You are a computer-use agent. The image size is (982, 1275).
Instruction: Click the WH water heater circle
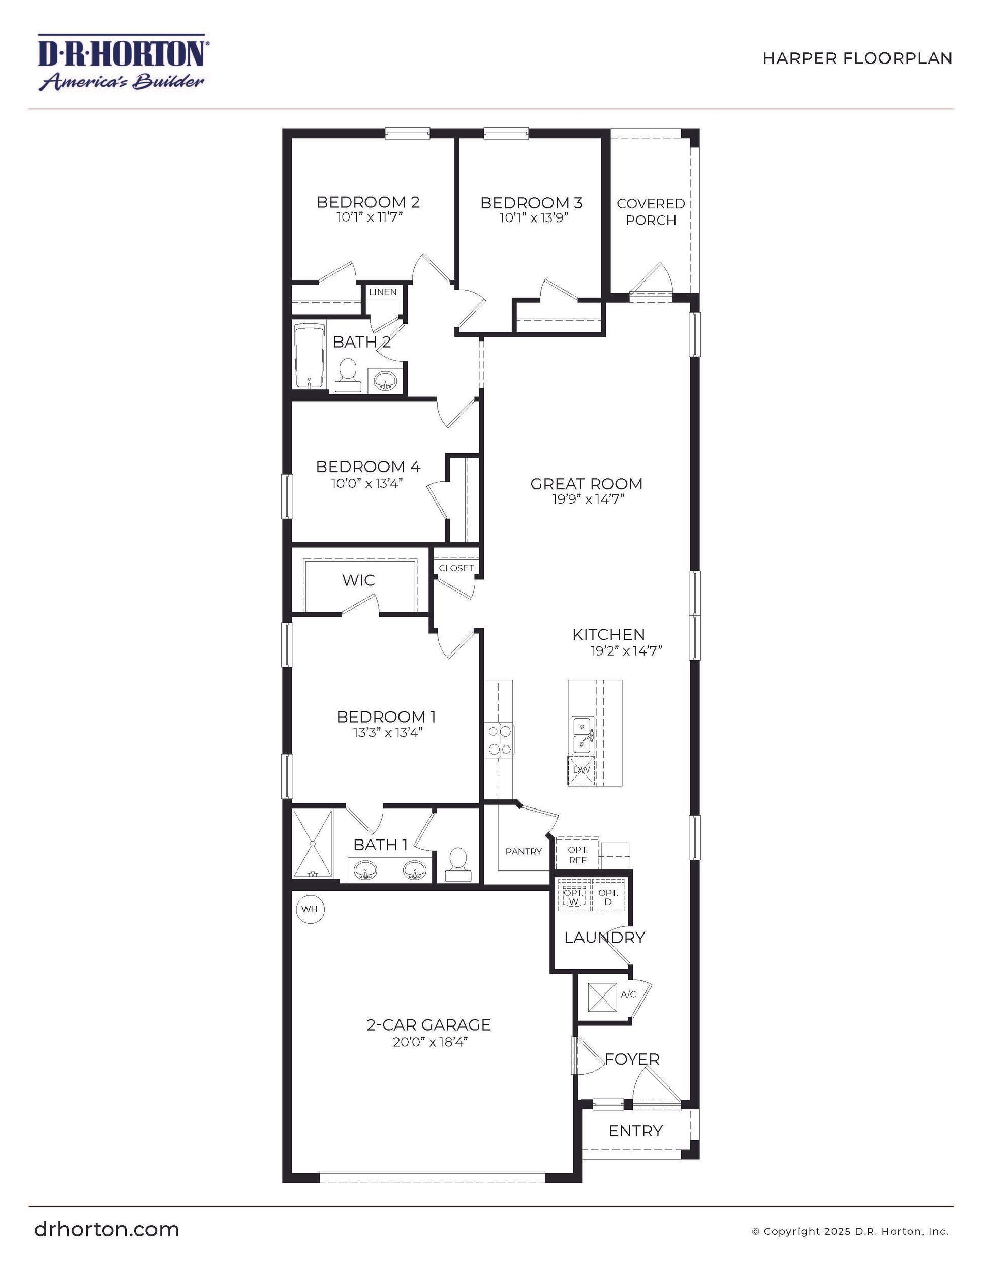pyautogui.click(x=310, y=909)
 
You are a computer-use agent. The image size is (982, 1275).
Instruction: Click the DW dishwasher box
pyautogui.click(x=581, y=770)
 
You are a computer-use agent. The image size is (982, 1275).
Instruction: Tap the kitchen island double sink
pyautogui.click(x=582, y=735)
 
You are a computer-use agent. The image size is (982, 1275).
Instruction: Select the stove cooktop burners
pyautogui.click(x=499, y=740)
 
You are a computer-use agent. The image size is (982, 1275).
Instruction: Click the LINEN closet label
pyautogui.click(x=383, y=292)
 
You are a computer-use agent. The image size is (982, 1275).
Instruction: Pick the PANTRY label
pyautogui.click(x=523, y=851)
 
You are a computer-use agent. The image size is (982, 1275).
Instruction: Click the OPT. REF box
pyautogui.click(x=577, y=855)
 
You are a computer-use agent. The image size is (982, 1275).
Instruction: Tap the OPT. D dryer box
pyautogui.click(x=608, y=897)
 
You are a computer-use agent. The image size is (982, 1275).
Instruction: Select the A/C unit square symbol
pyautogui.click(x=602, y=998)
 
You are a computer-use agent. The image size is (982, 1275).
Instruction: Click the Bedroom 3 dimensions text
pyautogui.click(x=534, y=219)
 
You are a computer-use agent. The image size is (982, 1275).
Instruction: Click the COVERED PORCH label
pyautogui.click(x=651, y=211)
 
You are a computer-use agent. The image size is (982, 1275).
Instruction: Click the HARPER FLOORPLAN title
pyautogui.click(x=857, y=58)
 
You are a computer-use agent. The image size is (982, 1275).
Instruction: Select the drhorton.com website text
pyautogui.click(x=107, y=1229)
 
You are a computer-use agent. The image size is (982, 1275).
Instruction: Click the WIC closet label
pyautogui.click(x=358, y=580)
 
